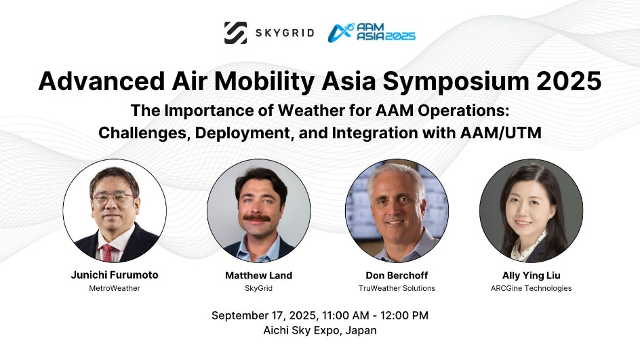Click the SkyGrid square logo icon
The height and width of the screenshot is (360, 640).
coord(235,33)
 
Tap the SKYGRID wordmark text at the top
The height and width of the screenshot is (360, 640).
coord(285,33)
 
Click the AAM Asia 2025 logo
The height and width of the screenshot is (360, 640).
coord(372,33)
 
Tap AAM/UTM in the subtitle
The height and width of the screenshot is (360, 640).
coord(500,133)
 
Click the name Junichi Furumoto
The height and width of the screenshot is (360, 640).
coord(115,275)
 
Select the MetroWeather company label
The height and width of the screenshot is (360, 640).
coord(115,288)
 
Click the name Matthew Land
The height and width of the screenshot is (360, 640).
coord(259,275)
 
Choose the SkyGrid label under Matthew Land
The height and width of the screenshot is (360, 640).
coord(259,288)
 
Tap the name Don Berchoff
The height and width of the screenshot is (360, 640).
coord(397,275)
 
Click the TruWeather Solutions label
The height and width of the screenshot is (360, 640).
coord(397,288)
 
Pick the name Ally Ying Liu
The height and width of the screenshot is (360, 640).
coord(531,275)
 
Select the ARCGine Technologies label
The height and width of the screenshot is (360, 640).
coord(531,288)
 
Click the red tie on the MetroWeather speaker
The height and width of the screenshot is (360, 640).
coord(108,253)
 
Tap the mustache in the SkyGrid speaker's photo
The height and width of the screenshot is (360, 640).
coord(257,218)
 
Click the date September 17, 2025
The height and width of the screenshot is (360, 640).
coord(264,316)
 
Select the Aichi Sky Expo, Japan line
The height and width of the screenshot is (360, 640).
coord(320,331)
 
